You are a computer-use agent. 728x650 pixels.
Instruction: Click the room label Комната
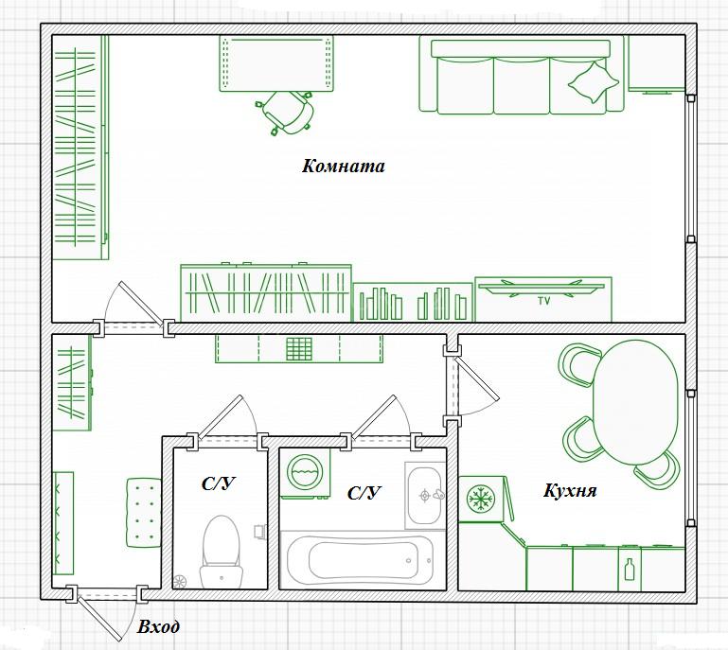343,166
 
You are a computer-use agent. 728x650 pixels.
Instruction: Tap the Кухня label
570,490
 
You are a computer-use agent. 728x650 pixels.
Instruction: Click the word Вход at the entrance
158,626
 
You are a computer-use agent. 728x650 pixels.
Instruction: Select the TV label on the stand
543,301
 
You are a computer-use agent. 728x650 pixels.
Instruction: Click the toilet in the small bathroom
222,553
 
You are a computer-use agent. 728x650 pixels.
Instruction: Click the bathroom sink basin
424,495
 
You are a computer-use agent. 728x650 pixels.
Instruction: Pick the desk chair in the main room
287,113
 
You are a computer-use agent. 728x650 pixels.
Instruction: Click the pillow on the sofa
594,82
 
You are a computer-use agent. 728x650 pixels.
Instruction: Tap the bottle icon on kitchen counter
630,570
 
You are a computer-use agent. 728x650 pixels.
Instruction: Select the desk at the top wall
277,64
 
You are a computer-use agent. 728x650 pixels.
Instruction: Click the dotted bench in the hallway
144,512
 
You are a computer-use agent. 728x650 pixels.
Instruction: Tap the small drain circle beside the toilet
180,581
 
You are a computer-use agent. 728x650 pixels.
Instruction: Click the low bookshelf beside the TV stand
413,302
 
